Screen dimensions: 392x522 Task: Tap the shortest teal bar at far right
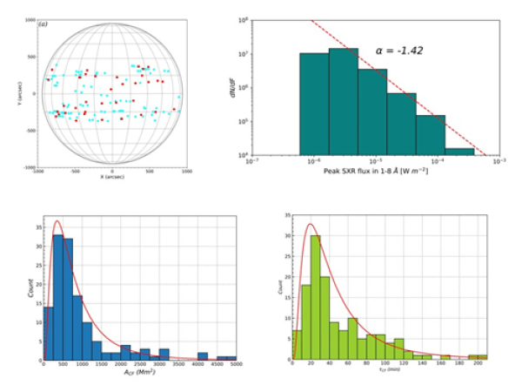click(x=460, y=152)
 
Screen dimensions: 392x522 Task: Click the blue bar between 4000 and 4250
click(x=202, y=355)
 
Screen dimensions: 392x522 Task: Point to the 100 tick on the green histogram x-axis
click(x=385, y=366)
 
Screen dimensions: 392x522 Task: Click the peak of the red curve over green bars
click(x=311, y=225)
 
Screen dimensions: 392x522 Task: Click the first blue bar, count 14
click(x=47, y=333)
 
